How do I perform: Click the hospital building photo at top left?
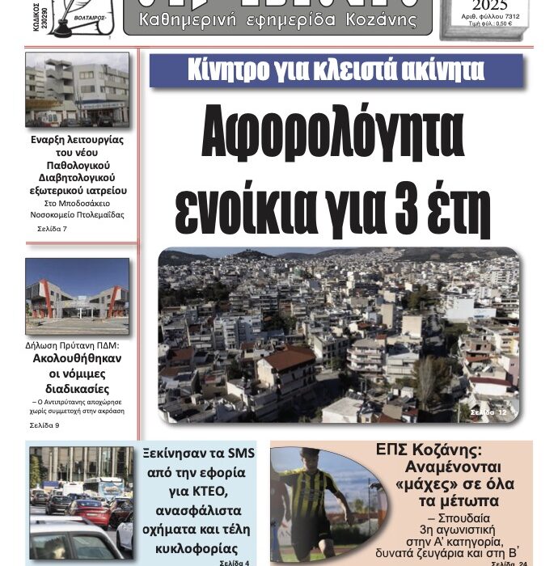[x=77, y=90]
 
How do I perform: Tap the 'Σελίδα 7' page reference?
[x=53, y=230]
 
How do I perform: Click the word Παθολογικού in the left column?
[x=78, y=164]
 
